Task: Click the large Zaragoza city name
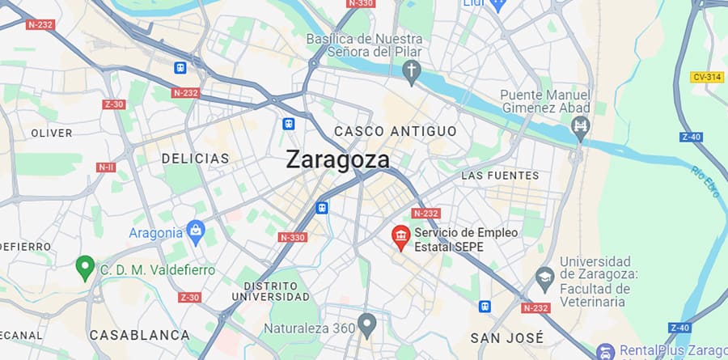pyautogui.click(x=337, y=160)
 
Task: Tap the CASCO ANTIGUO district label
pyautogui.click(x=395, y=131)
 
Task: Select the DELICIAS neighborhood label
pyautogui.click(x=195, y=159)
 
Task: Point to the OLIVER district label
pyautogui.click(x=51, y=133)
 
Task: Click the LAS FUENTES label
pyautogui.click(x=499, y=175)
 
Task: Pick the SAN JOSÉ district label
pyautogui.click(x=507, y=337)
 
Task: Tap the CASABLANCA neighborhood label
pyautogui.click(x=139, y=334)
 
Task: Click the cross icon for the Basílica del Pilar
pyautogui.click(x=412, y=72)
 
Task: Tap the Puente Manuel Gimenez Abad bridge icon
pyautogui.click(x=579, y=126)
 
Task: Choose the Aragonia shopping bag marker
pyautogui.click(x=195, y=233)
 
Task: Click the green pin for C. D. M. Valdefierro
pyautogui.click(x=84, y=266)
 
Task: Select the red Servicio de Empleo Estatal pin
pyautogui.click(x=400, y=236)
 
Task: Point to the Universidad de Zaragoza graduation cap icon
pyautogui.click(x=544, y=277)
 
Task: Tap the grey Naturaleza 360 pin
pyautogui.click(x=366, y=325)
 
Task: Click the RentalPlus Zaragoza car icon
pyautogui.click(x=604, y=352)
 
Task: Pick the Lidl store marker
pyautogui.click(x=498, y=3)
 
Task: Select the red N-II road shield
pyautogui.click(x=106, y=167)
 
